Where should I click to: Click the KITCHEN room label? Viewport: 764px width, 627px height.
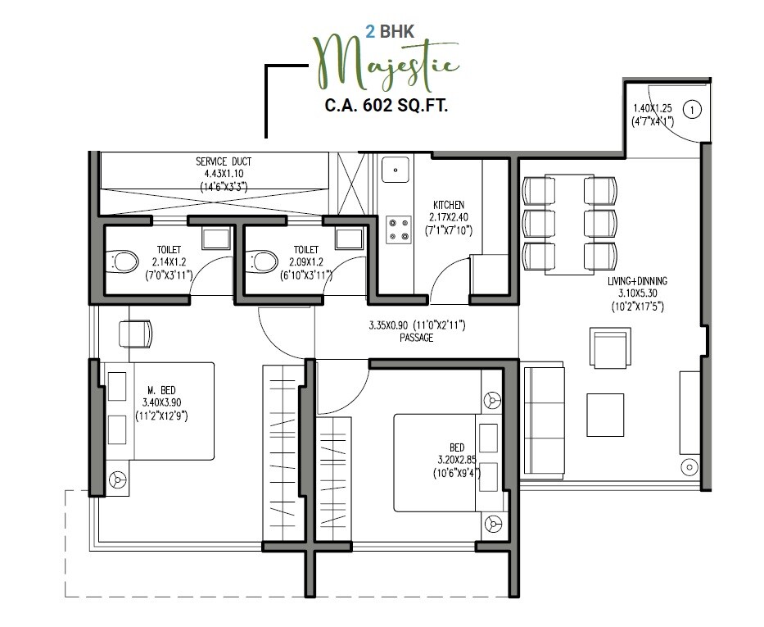tap(449, 205)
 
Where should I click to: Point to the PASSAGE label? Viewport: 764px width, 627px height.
tap(416, 338)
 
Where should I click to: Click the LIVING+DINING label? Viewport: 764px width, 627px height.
tap(636, 282)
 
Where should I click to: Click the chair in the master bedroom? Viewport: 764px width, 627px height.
tap(135, 334)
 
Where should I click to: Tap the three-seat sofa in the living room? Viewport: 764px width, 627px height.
tap(544, 426)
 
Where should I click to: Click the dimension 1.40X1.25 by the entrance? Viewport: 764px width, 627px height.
tap(652, 108)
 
